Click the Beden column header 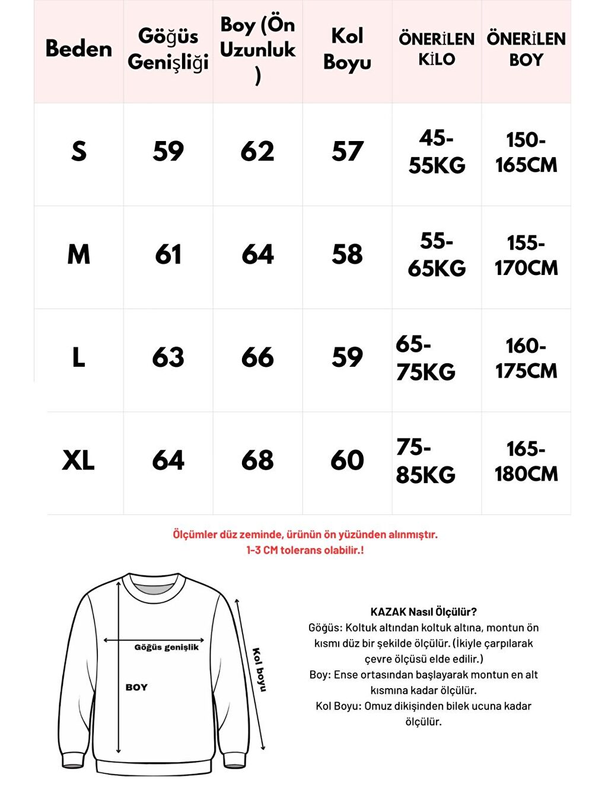click(x=78, y=49)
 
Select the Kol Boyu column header click(x=347, y=49)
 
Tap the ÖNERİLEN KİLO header click(x=437, y=49)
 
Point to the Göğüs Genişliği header click(x=168, y=49)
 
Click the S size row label click(x=78, y=151)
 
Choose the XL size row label click(x=78, y=460)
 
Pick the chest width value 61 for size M click(x=168, y=255)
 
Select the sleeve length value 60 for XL click(x=347, y=460)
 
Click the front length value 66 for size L click(x=257, y=357)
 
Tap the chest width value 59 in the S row click(x=168, y=151)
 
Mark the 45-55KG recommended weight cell click(x=437, y=152)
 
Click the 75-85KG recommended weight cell click(x=426, y=461)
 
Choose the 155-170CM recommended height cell click(x=526, y=255)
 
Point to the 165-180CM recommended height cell click(x=526, y=461)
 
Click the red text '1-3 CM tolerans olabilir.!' click(x=305, y=550)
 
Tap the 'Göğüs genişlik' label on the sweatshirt click(x=167, y=647)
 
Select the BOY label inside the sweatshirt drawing click(x=136, y=687)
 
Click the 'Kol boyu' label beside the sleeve click(x=259, y=670)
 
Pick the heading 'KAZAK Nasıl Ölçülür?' click(x=423, y=612)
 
